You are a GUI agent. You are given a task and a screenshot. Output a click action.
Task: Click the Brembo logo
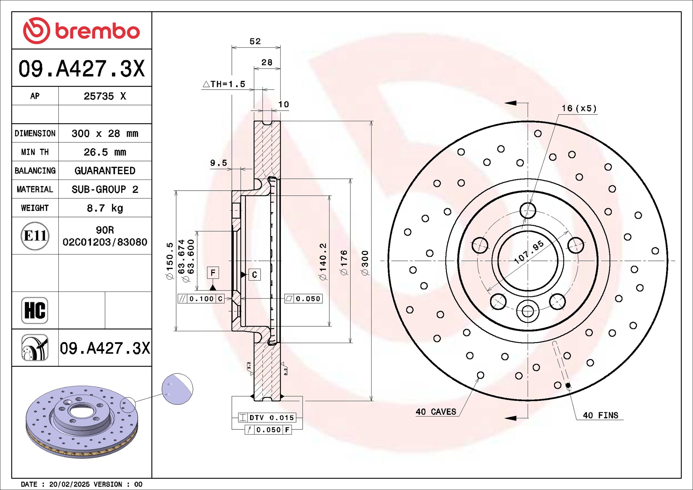pyautogui.click(x=81, y=31)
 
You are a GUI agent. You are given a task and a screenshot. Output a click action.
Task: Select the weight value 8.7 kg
pyautogui.click(x=105, y=208)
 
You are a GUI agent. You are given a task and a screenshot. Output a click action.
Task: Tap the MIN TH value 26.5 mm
pyautogui.click(x=105, y=152)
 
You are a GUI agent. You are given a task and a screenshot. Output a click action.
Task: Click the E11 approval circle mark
pyautogui.click(x=35, y=236)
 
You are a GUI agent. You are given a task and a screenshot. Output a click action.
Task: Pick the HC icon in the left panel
pyautogui.click(x=35, y=310)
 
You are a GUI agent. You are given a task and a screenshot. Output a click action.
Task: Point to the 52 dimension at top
pyautogui.click(x=255, y=41)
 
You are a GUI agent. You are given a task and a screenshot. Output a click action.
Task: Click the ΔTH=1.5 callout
pyautogui.click(x=224, y=84)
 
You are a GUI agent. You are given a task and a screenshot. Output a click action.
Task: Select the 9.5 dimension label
pyautogui.click(x=218, y=163)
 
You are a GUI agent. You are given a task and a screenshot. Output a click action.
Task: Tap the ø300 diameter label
pyautogui.click(x=365, y=263)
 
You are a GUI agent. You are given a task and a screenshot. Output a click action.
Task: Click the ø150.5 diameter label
pyautogui.click(x=170, y=261)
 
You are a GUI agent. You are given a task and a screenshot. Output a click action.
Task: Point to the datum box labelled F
pyautogui.click(x=213, y=273)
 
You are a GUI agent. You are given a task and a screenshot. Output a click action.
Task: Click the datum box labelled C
pyautogui.click(x=254, y=275)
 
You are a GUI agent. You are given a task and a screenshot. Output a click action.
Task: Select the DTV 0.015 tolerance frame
pyautogui.click(x=267, y=418)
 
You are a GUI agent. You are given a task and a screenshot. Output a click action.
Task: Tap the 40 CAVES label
pyautogui.click(x=436, y=412)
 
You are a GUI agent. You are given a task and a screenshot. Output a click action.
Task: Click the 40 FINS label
pyautogui.click(x=600, y=415)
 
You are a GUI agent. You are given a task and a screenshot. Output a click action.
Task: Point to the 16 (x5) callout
pyautogui.click(x=579, y=108)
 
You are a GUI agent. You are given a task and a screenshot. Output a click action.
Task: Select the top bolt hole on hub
pyautogui.click(x=528, y=210)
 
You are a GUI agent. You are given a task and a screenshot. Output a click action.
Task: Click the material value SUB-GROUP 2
pyautogui.click(x=105, y=189)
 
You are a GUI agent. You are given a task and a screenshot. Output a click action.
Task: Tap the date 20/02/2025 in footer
pyautogui.click(x=69, y=484)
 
